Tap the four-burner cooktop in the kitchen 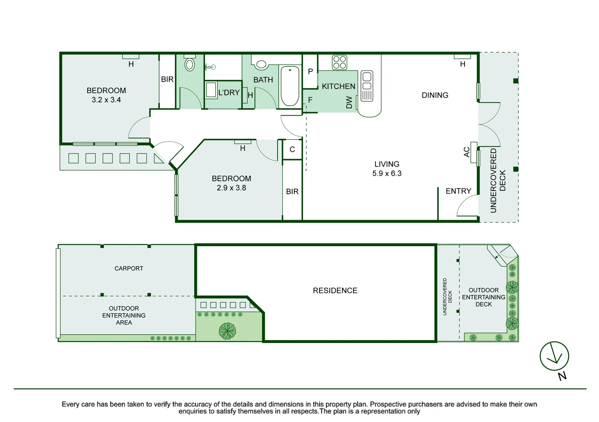[x=340, y=63]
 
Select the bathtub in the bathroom [x=290, y=86]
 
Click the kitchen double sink [x=367, y=86]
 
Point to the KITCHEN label [x=339, y=86]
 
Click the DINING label [x=435, y=95]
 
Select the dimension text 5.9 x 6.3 [x=387, y=173]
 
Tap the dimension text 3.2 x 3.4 [x=106, y=100]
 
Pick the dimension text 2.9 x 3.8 [x=231, y=188]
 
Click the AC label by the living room [x=466, y=152]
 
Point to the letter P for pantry [x=310, y=72]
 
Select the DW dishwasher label [x=349, y=102]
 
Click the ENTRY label [x=458, y=191]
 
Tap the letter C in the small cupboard [x=292, y=149]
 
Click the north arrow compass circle [x=554, y=356]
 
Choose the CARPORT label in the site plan [x=129, y=268]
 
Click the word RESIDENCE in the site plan [x=335, y=290]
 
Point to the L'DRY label [x=229, y=93]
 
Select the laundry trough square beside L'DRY [x=211, y=90]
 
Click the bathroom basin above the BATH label [x=261, y=64]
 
